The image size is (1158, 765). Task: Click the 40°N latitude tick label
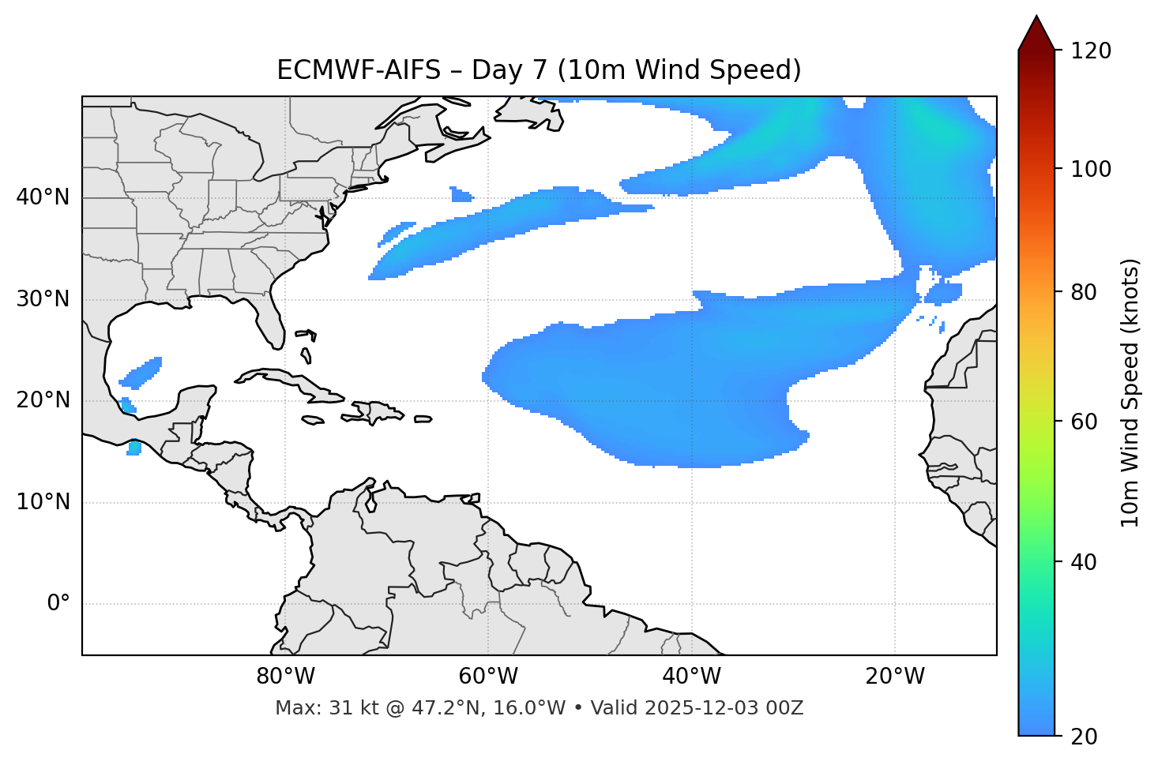click(x=43, y=197)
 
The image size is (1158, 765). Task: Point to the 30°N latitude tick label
click(x=43, y=299)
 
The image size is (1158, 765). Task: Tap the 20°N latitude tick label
click(x=43, y=400)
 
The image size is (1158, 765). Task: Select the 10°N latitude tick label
click(x=43, y=502)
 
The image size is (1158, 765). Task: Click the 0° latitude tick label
click(x=58, y=604)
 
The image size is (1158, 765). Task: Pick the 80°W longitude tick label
click(x=286, y=677)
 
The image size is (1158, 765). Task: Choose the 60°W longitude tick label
click(x=488, y=677)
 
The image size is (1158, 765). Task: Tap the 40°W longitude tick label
click(x=692, y=677)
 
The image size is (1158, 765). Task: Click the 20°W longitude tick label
click(x=895, y=677)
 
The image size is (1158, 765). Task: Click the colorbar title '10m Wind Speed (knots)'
click(x=1130, y=392)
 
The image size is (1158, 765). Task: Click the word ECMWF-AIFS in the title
click(x=359, y=70)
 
